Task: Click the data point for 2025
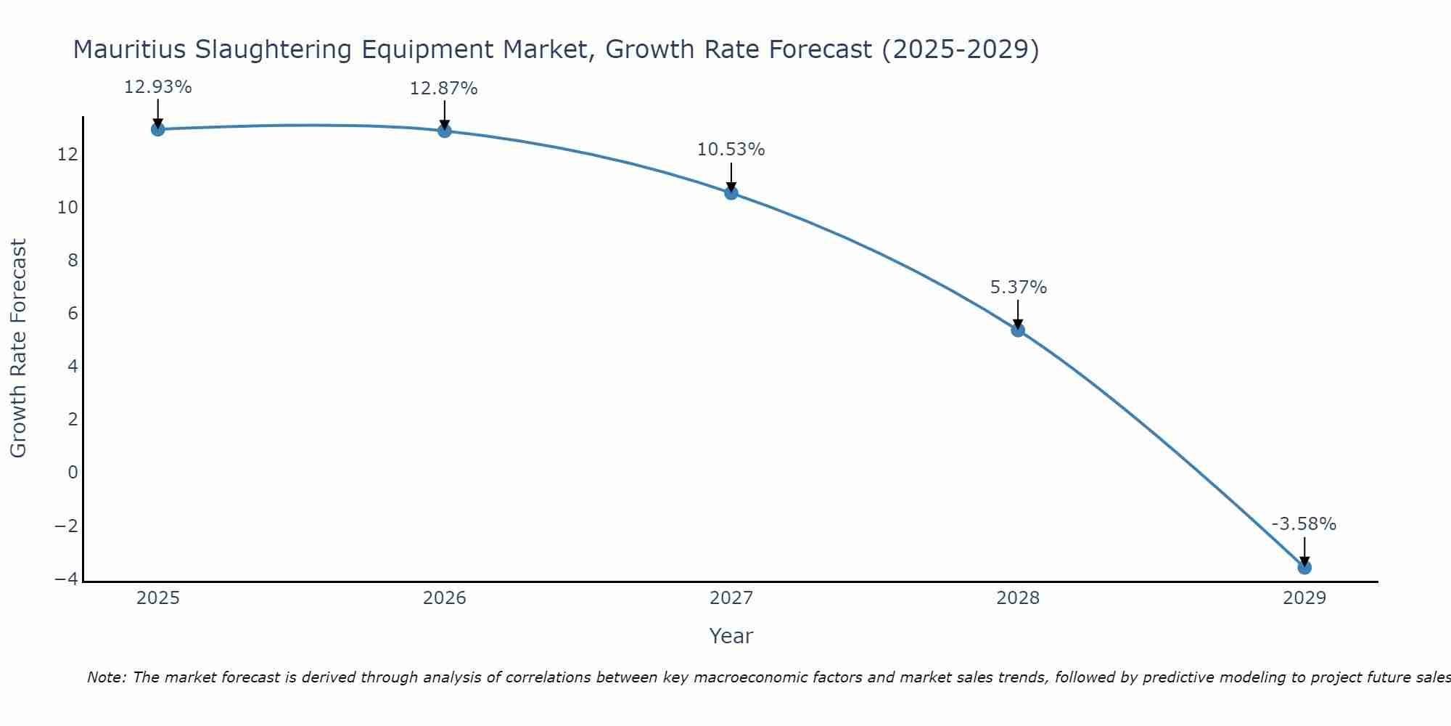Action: coord(157,129)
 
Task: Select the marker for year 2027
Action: coord(731,192)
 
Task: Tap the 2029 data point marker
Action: coord(1304,567)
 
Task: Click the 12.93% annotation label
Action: coord(157,88)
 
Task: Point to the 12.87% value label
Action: coord(443,89)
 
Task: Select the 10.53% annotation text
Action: coord(731,150)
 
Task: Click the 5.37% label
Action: coord(1018,287)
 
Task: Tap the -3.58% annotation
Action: coord(1303,524)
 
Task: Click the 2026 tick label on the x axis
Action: coord(444,598)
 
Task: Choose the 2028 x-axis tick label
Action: coord(1017,598)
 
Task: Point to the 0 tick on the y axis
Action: coord(73,473)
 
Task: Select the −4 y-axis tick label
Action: coord(66,579)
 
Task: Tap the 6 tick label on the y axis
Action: coord(73,314)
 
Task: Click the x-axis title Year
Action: coord(731,636)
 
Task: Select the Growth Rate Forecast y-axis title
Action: coord(19,348)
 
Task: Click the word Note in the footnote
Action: coord(107,677)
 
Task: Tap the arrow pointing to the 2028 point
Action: coord(1018,314)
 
